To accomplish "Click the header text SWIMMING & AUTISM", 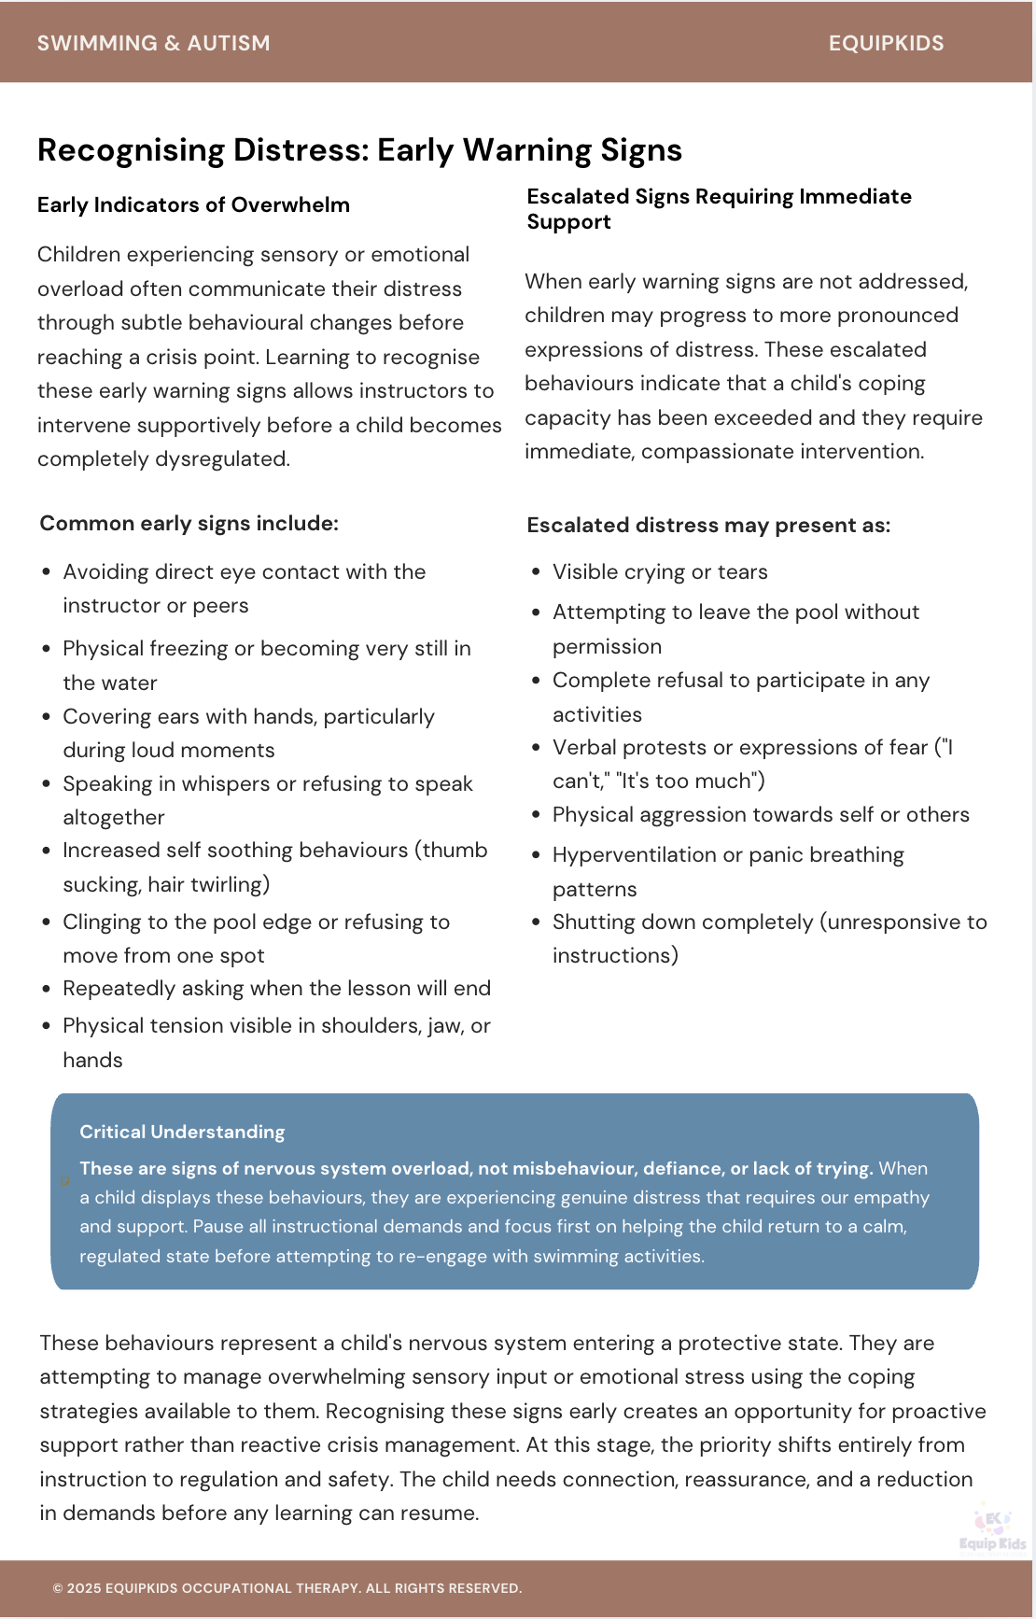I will [x=153, y=43].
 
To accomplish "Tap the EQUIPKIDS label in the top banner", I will [x=886, y=43].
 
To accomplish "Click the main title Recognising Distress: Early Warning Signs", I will [x=359, y=150].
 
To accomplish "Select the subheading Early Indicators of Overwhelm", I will [x=193, y=205].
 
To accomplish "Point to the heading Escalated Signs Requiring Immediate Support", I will [x=719, y=208].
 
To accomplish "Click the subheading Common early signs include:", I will [x=189, y=523].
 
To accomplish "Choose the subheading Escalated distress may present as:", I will [x=708, y=525].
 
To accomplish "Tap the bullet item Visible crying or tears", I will [x=660, y=571].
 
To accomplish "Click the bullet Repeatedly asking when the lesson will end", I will [x=276, y=988].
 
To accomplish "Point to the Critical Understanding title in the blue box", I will [x=182, y=1132].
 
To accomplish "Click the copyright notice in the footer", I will [x=287, y=1588].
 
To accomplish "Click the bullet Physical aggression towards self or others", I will [x=761, y=814].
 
